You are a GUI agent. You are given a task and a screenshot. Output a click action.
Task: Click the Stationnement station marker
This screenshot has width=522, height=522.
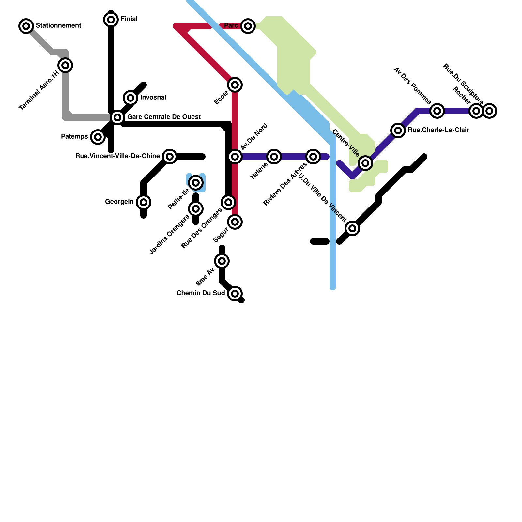pos(26,26)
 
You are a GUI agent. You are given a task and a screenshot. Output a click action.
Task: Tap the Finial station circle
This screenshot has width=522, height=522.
pos(111,20)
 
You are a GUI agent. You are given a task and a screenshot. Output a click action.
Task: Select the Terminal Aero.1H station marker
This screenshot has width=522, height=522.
pos(65,65)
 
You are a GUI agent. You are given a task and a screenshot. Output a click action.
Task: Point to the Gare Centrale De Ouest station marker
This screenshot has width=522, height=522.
pos(117,117)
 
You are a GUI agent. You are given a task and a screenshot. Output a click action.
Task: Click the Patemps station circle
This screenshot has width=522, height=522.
pos(98,137)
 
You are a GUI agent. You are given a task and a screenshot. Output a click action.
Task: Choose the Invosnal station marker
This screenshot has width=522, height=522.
pos(130,98)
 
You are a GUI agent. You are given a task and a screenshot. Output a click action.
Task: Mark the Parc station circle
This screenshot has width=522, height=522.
pos(248,26)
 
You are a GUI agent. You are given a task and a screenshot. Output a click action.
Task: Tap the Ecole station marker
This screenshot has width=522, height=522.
pos(235,85)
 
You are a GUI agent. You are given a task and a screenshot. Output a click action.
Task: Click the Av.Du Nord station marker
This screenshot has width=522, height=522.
pos(235,157)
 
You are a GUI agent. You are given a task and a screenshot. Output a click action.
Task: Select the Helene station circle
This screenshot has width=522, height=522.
pos(274,157)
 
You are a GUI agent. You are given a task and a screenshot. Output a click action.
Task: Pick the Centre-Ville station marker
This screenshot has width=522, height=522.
pos(365,163)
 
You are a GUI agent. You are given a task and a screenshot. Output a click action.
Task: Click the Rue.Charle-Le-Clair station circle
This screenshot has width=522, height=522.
pos(398,130)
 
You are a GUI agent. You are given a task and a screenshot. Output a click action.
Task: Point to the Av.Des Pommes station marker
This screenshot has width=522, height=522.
pos(437,111)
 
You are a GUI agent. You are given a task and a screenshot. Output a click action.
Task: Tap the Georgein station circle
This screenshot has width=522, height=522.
pos(144,202)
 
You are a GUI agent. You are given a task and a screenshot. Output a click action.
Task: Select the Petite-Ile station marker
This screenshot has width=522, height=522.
pos(196,182)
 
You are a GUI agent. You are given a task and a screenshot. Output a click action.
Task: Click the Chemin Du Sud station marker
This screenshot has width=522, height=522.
pos(235,294)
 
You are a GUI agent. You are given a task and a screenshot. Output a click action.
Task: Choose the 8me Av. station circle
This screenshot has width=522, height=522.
pos(222,261)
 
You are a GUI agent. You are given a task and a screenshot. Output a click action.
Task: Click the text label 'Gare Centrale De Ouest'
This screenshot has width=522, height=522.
pos(164,117)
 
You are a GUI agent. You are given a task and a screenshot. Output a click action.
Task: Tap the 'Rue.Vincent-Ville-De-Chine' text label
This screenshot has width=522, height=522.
pos(117,156)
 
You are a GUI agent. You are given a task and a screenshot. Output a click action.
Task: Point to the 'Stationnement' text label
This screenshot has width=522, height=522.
pos(58,25)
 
